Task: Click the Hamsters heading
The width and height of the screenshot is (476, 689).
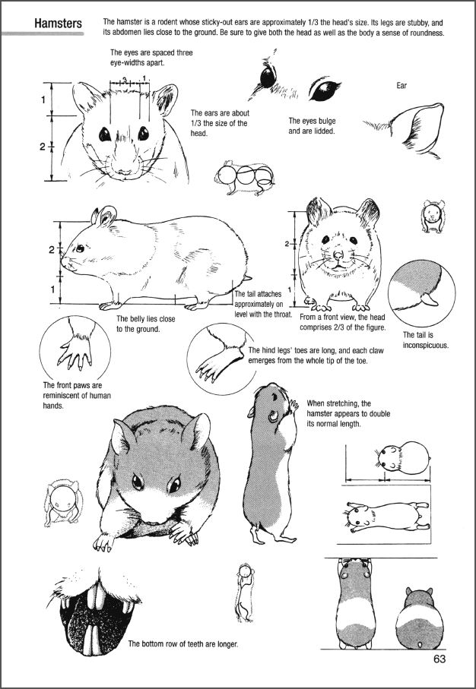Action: tap(58, 24)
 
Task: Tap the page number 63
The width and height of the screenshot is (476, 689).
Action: tap(439, 659)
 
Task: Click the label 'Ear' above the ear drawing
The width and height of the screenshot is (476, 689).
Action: tap(401, 86)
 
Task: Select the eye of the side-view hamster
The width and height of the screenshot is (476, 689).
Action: tap(80, 248)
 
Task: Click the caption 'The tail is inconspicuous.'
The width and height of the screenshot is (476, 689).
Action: tap(425, 340)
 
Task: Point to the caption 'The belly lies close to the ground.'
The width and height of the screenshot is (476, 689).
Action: tap(146, 324)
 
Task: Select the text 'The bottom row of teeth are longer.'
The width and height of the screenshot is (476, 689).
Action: tap(183, 644)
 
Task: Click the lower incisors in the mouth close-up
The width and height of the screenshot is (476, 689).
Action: tap(94, 638)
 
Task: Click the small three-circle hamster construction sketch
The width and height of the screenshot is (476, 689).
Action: tap(245, 178)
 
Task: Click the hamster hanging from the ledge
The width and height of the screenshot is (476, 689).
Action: tap(356, 603)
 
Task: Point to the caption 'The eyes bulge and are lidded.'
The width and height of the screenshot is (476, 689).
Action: tap(312, 125)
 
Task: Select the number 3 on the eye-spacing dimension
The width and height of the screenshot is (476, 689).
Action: tap(125, 80)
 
